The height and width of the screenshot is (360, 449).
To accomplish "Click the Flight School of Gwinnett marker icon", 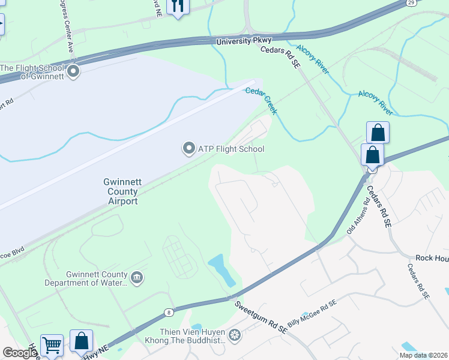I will click(74, 73).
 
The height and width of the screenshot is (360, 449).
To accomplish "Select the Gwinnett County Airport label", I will click(121, 191).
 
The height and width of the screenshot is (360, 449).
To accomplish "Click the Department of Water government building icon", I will click(137, 278).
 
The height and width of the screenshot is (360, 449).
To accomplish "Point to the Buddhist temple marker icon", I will click(234, 334).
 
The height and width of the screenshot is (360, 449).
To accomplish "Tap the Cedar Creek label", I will click(262, 100).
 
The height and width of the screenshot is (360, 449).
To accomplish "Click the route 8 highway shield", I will click(169, 312).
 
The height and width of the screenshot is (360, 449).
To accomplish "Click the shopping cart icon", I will click(52, 346).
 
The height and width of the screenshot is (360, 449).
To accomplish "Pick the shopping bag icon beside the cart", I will click(81, 341).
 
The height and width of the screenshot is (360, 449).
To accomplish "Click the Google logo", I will click(20, 353).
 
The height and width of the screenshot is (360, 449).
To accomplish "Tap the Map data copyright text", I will click(423, 355).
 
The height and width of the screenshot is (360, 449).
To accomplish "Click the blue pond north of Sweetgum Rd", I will click(220, 270).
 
